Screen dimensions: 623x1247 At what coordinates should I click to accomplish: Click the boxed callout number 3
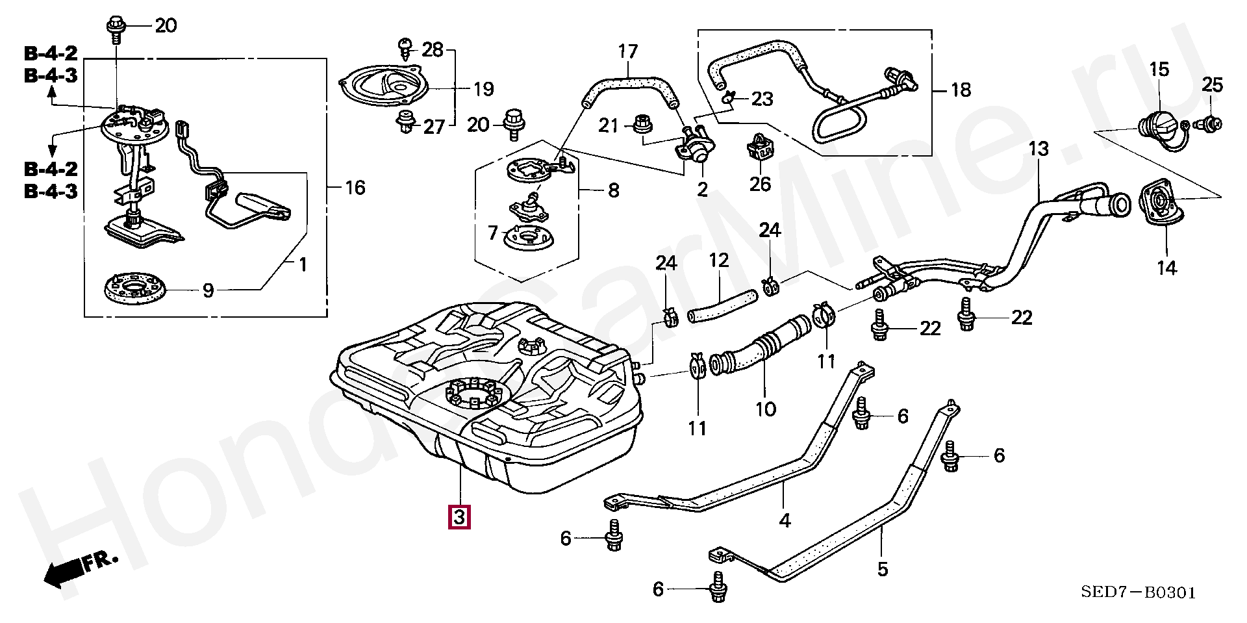459,517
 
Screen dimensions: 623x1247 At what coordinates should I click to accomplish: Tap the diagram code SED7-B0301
1138,592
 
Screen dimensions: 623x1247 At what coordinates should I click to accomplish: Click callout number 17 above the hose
628,51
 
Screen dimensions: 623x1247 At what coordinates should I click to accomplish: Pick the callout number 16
355,188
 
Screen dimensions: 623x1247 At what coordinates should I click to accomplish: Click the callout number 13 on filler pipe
1039,149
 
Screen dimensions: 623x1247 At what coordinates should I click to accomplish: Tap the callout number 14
1166,268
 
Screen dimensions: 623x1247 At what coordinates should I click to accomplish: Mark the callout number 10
766,409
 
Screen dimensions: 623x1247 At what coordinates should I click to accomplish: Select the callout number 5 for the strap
882,569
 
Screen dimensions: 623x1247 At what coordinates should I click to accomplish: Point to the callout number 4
785,520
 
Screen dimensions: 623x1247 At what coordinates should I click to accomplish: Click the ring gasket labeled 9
135,286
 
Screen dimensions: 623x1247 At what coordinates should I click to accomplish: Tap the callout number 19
484,89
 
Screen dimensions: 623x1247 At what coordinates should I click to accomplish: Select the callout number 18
961,90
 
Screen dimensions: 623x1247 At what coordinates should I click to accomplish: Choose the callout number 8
613,190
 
